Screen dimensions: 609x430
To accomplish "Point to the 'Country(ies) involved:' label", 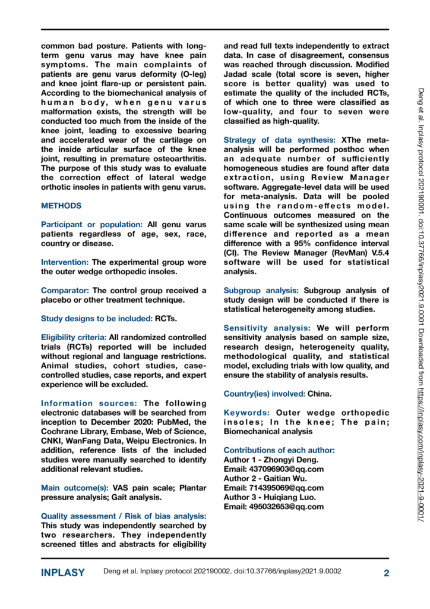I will pyautogui.click(x=265, y=394).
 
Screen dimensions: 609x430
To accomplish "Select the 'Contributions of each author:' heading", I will pyautogui.click(x=279, y=450).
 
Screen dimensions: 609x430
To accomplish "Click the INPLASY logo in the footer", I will pyautogui.click(x=62, y=573).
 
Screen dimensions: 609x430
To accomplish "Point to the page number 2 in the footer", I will pyautogui.click(x=386, y=573).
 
